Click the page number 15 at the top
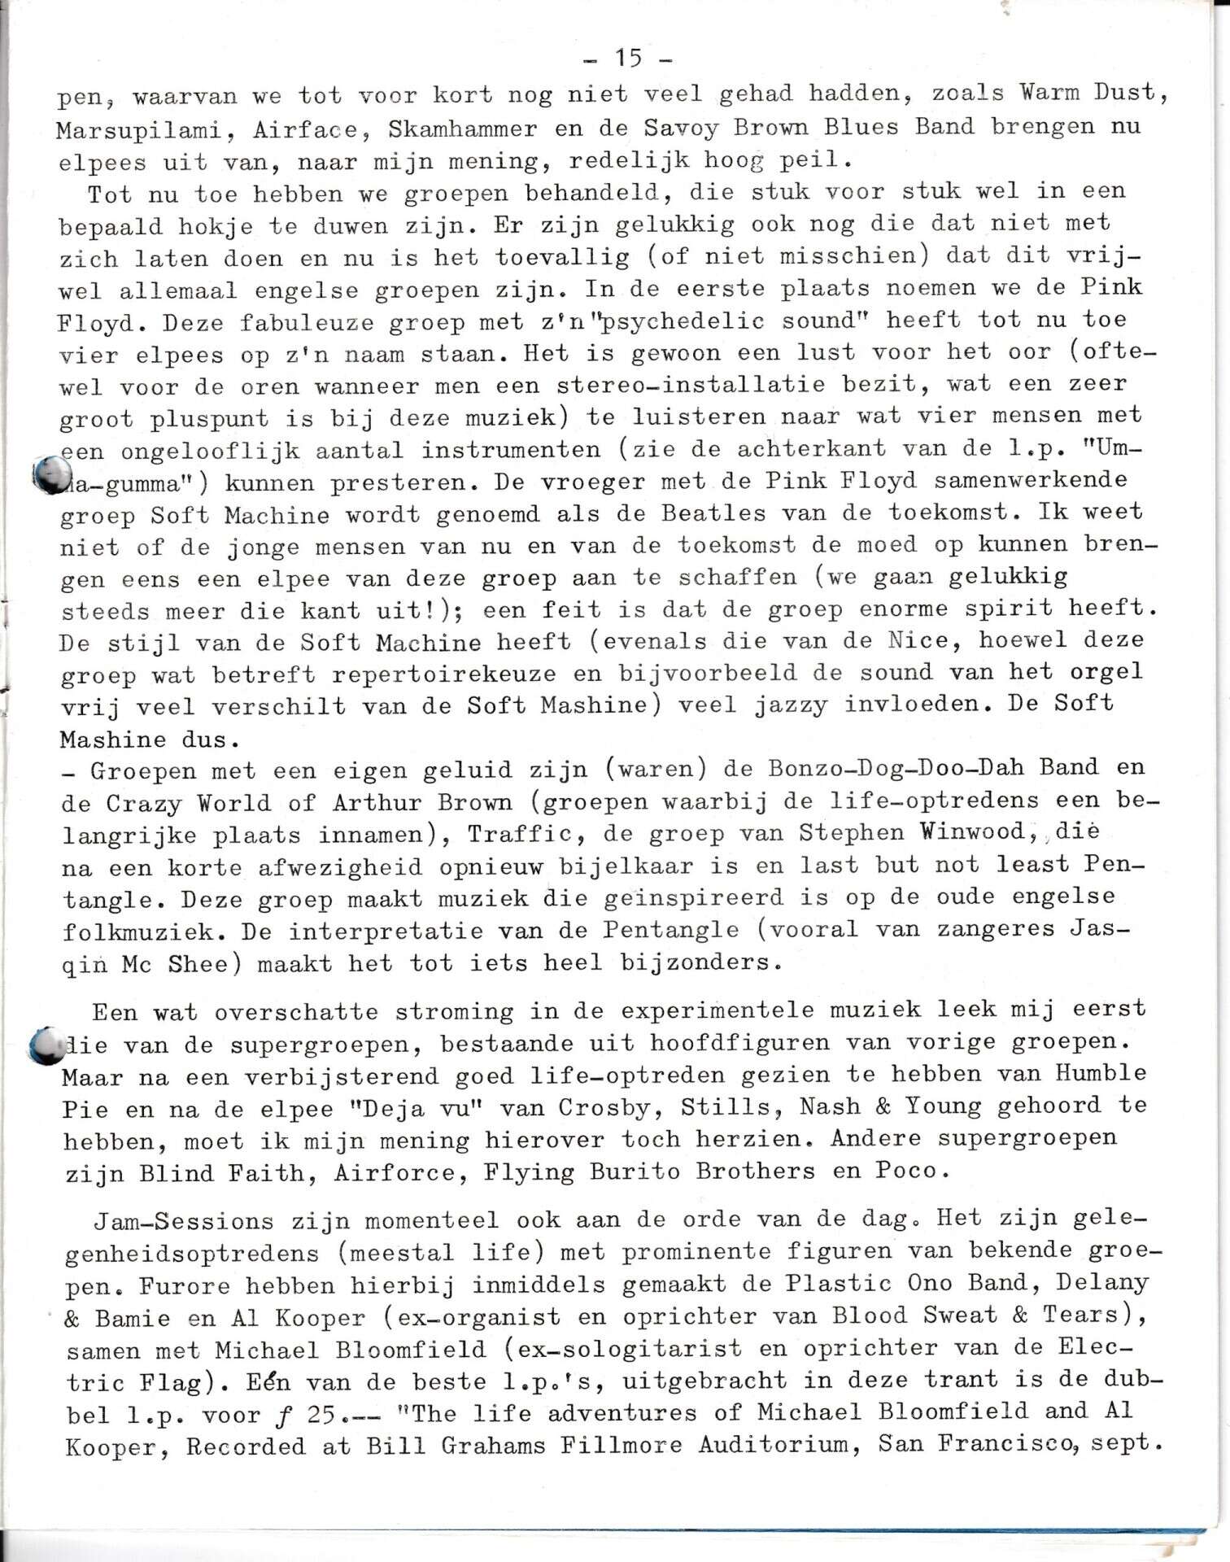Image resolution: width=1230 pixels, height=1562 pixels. [x=628, y=59]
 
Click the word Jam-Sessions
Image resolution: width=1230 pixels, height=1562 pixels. [x=183, y=1222]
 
